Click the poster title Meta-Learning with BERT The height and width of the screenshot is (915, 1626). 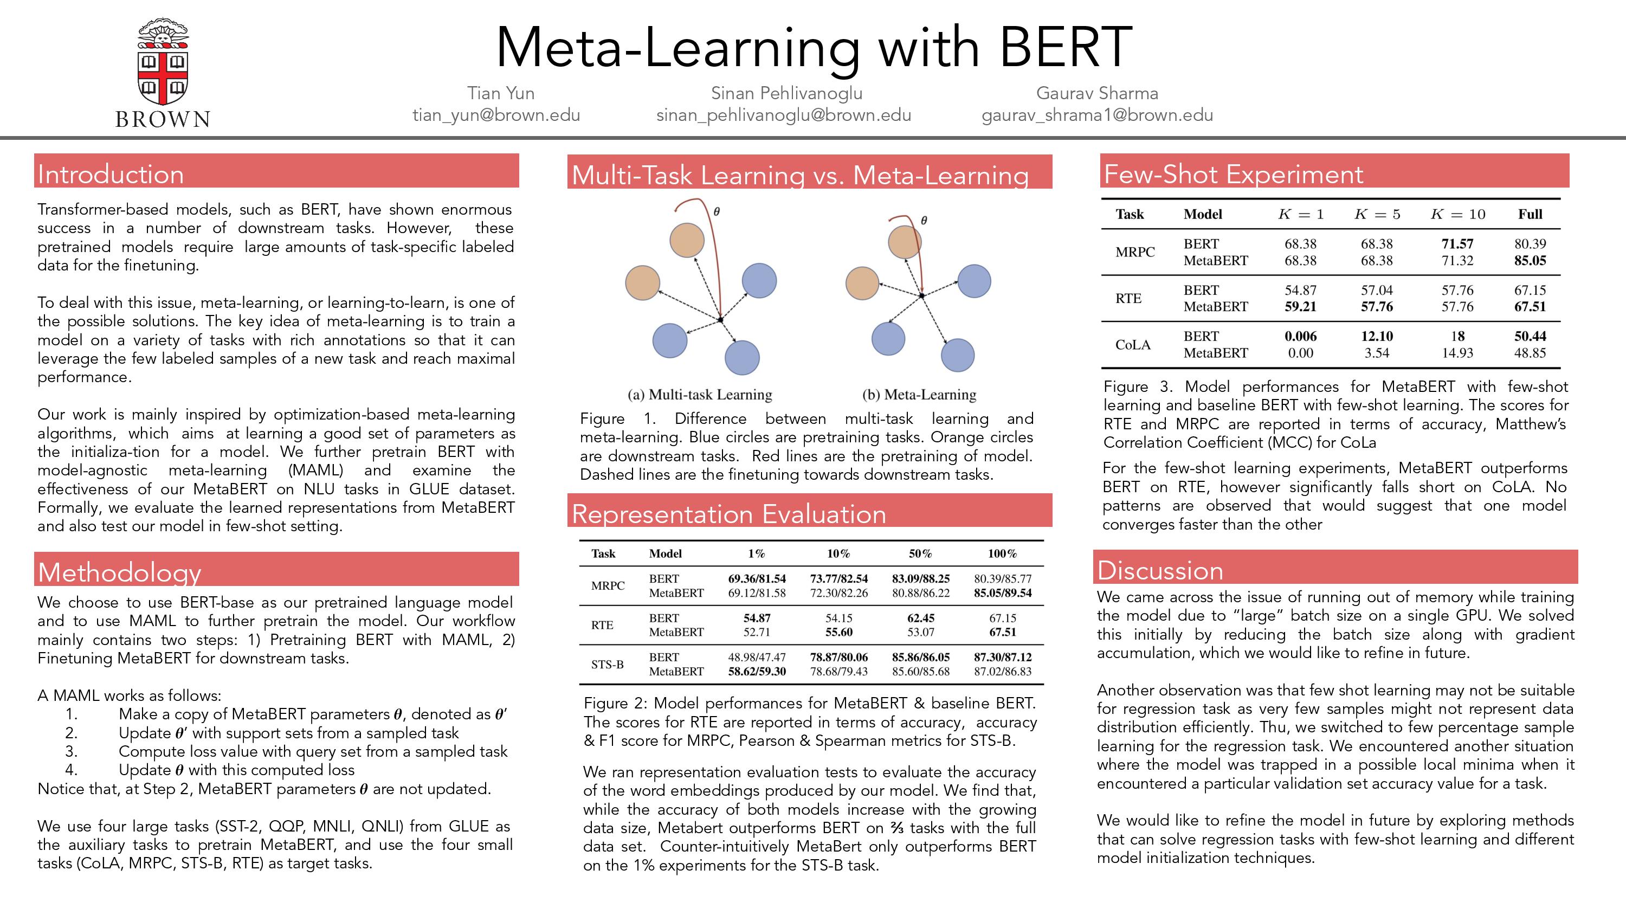point(814,47)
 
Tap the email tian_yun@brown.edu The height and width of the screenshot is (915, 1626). point(496,115)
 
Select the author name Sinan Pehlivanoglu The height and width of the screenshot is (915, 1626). point(786,93)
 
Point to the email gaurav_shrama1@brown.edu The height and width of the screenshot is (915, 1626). point(1097,115)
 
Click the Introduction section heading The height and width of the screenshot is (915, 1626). point(111,175)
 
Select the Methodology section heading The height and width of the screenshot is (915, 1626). point(119,572)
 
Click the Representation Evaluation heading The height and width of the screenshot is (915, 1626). point(729,514)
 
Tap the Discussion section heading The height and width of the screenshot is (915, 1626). point(1160,570)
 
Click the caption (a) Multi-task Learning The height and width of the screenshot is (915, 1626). point(699,395)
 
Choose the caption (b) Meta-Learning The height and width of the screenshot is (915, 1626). point(919,395)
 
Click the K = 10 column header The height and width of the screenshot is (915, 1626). point(1457,214)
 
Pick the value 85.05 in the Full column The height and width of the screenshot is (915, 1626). point(1530,260)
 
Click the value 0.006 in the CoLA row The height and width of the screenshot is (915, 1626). point(1300,336)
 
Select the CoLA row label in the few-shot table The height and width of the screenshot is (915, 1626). point(1133,345)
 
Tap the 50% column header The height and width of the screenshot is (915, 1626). point(920,554)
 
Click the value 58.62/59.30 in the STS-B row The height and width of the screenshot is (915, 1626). point(757,671)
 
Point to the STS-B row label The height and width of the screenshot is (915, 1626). point(607,665)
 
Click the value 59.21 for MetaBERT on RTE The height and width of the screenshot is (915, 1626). point(1300,306)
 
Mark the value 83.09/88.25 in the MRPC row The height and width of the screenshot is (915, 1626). point(920,578)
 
